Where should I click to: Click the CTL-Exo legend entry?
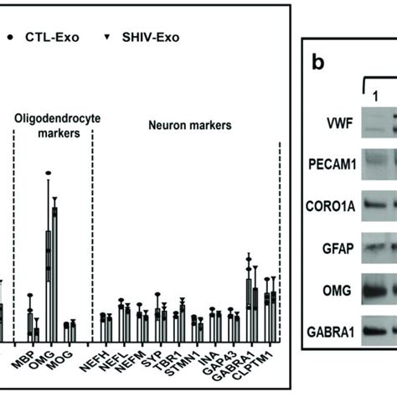point(49,38)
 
